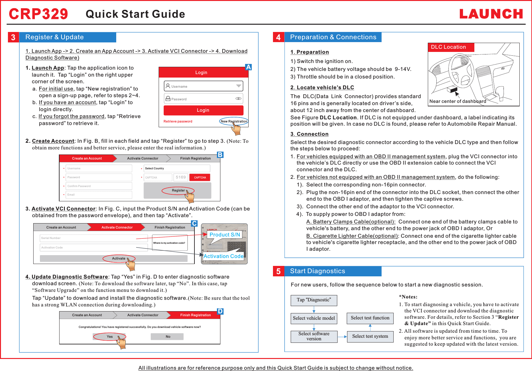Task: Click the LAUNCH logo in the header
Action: coord(491,14)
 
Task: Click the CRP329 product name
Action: coord(38,14)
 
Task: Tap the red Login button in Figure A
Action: coord(203,110)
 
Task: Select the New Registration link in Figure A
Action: coord(234,121)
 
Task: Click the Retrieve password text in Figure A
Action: coord(178,121)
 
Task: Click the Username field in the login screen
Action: coord(203,86)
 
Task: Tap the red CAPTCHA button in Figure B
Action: coord(200,178)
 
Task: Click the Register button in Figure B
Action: coord(178,191)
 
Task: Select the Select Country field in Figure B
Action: coord(177,168)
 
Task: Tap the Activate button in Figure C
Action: coord(119,259)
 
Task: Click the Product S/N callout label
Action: coord(225,235)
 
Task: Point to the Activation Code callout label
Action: coord(224,256)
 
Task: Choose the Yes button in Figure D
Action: coord(110,336)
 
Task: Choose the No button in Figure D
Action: coord(168,336)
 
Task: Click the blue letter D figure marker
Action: coord(220,311)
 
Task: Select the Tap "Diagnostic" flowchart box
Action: coord(314,300)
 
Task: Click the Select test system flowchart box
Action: coord(370,336)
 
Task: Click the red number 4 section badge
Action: coord(278,37)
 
